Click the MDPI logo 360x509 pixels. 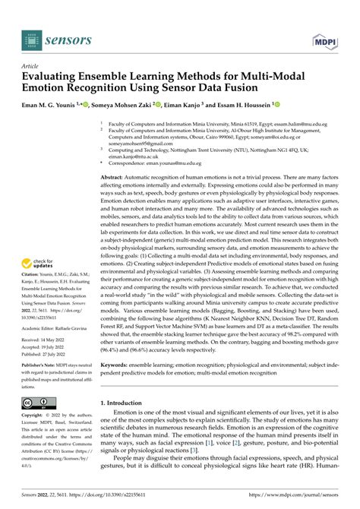[x=324, y=39]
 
